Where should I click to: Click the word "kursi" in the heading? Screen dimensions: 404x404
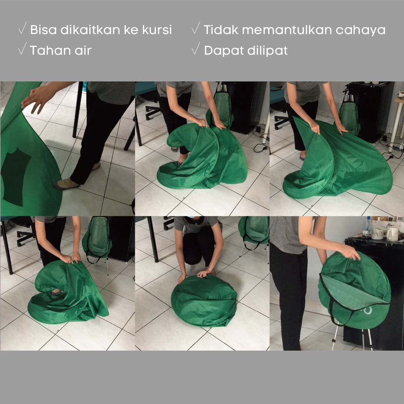157,30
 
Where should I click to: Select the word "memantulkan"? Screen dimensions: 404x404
287,30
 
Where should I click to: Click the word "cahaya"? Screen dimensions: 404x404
361,30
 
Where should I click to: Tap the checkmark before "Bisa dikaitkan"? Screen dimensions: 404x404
22,28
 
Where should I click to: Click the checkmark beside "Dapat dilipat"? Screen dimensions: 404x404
196,49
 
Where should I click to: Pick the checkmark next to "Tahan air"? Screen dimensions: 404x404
22,49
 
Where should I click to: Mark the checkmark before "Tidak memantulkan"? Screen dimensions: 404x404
196,28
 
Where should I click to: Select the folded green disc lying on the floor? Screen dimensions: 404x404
204,297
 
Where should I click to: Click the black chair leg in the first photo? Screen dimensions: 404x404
77,110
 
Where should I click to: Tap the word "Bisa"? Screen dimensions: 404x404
43,30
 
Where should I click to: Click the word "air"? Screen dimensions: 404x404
83,50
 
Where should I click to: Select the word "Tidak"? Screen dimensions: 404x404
221,30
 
